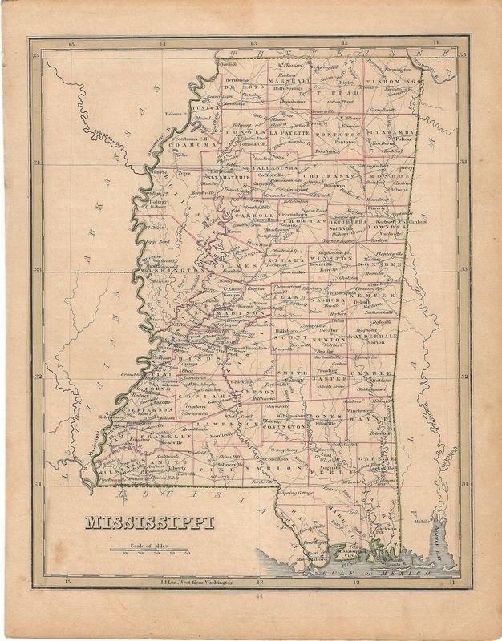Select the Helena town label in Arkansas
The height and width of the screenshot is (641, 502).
[174, 114]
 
